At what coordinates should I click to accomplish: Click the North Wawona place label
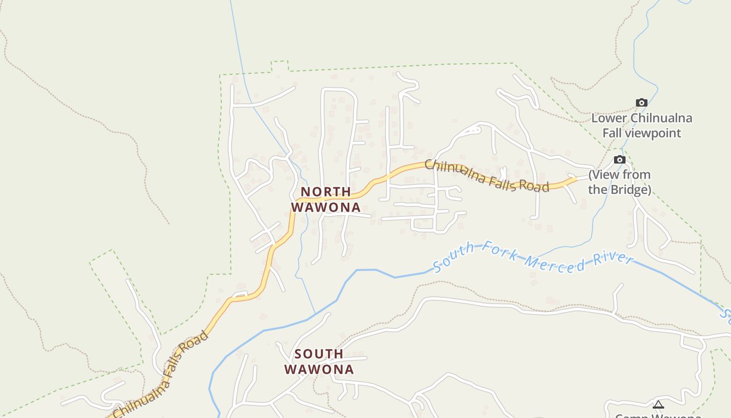(x=325, y=200)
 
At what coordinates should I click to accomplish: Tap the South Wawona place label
(x=319, y=362)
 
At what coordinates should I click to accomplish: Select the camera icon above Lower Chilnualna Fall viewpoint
(x=641, y=103)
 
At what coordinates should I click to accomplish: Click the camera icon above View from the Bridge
(x=619, y=160)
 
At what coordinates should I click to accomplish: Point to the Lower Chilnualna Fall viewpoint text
(x=642, y=125)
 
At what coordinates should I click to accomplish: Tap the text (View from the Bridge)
(x=620, y=182)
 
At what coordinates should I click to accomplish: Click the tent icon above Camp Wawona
(x=658, y=404)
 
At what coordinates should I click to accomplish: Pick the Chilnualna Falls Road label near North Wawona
(x=487, y=176)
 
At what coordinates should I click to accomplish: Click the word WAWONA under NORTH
(x=326, y=207)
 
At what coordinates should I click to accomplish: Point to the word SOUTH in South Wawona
(x=319, y=354)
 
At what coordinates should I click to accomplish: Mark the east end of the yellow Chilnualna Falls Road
(x=575, y=179)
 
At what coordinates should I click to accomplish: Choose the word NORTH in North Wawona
(x=325, y=192)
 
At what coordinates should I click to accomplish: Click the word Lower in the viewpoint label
(x=609, y=118)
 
